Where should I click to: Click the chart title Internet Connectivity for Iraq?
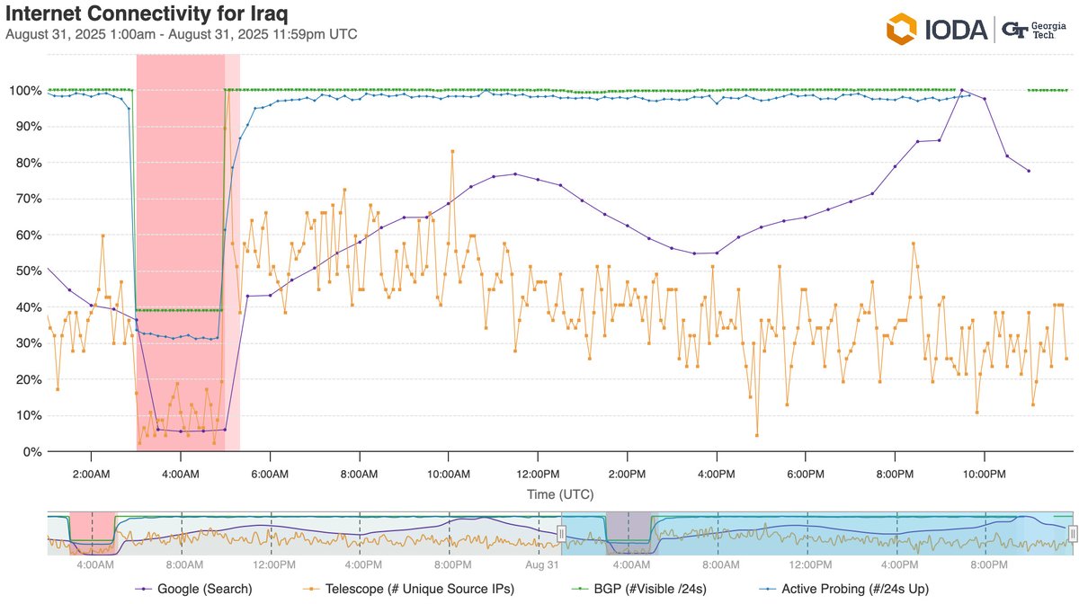tap(147, 14)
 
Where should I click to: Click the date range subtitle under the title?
tap(181, 34)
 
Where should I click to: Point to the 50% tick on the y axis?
tap(23, 271)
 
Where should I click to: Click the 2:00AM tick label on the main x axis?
tap(92, 473)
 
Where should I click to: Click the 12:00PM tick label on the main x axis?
tap(538, 473)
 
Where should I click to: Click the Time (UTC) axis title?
tap(560, 493)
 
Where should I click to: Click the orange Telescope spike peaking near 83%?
tap(452, 151)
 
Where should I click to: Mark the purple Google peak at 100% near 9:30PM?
tap(962, 90)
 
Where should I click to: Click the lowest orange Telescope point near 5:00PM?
tap(757, 435)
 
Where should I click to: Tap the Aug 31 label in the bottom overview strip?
tap(541, 565)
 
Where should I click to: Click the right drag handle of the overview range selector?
tap(1072, 533)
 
